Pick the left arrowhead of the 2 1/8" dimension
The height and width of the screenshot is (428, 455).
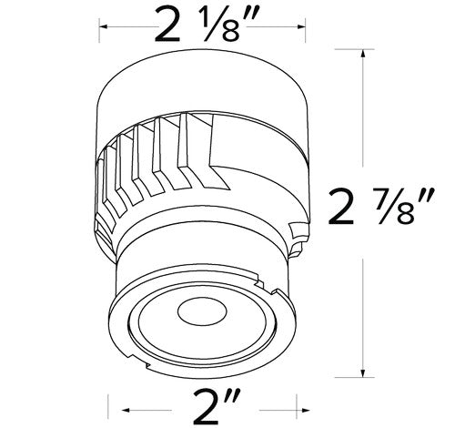pyautogui.click(x=102, y=29)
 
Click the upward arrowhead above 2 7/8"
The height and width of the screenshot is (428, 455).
pyautogui.click(x=365, y=54)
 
